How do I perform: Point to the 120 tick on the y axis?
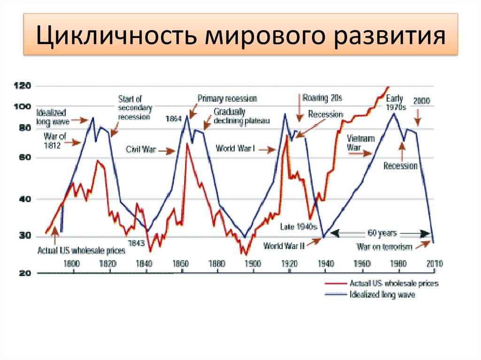click(x=23, y=86)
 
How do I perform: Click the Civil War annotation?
click(x=140, y=150)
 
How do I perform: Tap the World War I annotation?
click(x=235, y=149)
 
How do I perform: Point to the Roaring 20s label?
click(x=323, y=98)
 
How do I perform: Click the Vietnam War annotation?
click(x=360, y=143)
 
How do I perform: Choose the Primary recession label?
click(x=227, y=99)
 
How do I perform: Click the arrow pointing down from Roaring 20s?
click(x=299, y=108)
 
